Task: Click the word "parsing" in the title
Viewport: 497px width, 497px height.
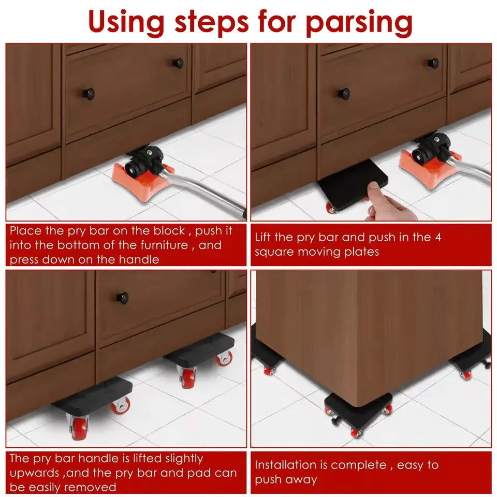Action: [x=359, y=23]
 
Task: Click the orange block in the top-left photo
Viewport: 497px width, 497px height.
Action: [x=143, y=181]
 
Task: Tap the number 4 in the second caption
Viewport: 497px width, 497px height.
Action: [x=438, y=237]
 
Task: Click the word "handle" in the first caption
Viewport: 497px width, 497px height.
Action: [x=139, y=259]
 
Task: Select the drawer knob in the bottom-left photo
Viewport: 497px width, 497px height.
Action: [x=122, y=297]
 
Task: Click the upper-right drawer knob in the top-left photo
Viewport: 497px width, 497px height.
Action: [x=178, y=63]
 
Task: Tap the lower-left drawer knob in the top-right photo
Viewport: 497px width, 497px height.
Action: [x=344, y=94]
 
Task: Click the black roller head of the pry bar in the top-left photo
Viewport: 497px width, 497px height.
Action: [x=144, y=162]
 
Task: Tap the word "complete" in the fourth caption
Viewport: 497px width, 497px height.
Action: [x=358, y=465]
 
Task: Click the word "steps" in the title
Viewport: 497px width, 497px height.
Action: [x=212, y=23]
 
